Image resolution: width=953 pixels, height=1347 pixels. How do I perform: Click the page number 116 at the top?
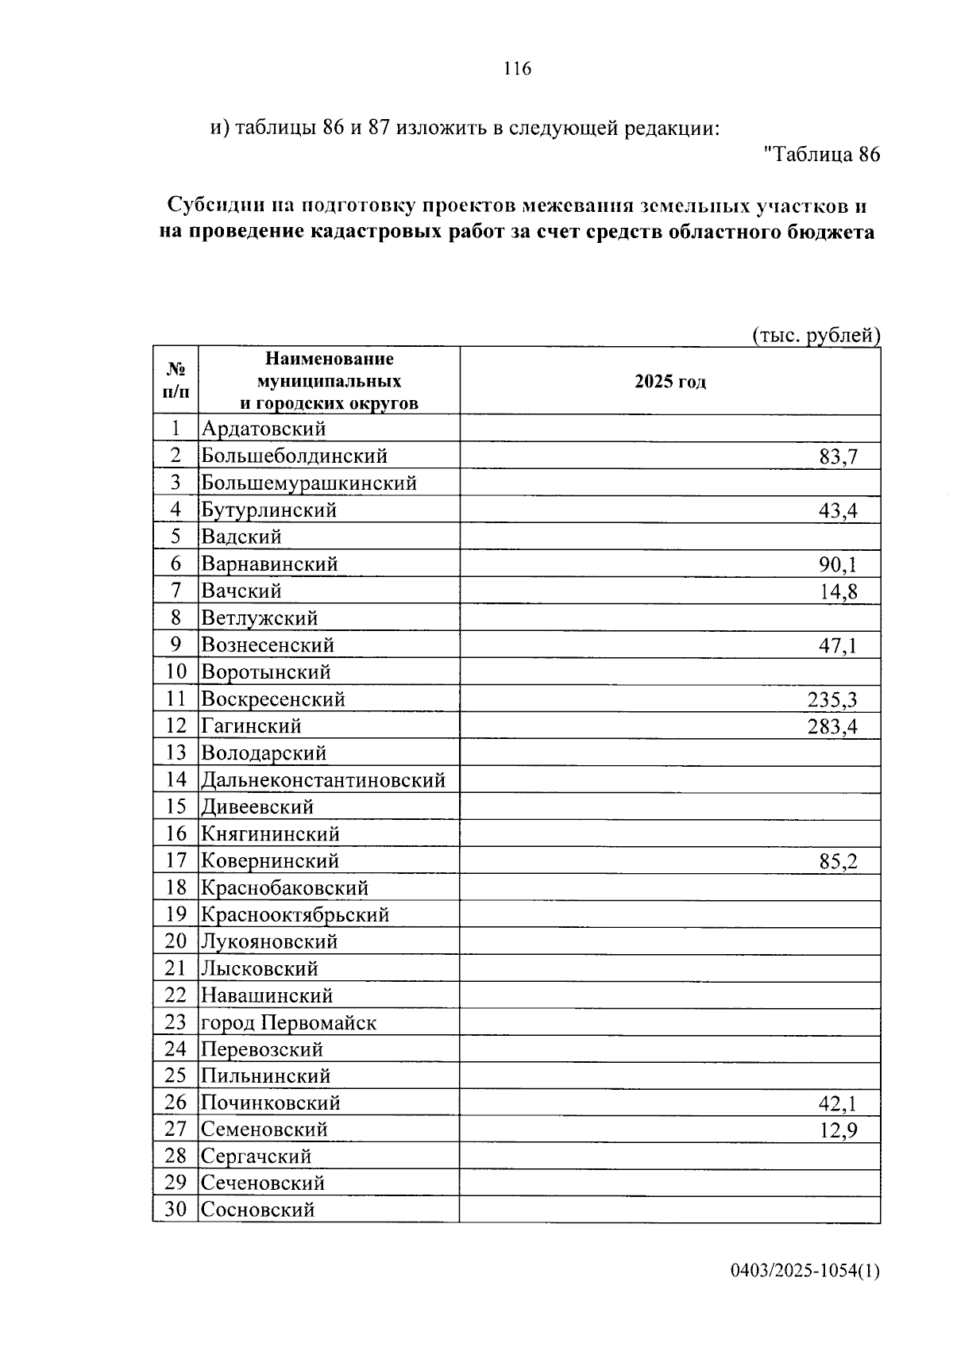click(x=517, y=69)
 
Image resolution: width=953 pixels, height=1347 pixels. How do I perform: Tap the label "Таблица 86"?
click(x=821, y=155)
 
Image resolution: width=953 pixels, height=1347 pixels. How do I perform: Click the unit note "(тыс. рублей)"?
click(x=816, y=336)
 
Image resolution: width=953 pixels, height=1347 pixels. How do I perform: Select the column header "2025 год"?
click(x=669, y=382)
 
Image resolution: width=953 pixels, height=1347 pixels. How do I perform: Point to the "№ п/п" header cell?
click(x=176, y=380)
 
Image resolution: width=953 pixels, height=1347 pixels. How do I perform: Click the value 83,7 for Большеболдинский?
click(x=838, y=456)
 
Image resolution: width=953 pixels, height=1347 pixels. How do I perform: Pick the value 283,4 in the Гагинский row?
click(x=832, y=726)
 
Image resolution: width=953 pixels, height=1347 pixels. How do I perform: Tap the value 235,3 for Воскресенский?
click(x=832, y=699)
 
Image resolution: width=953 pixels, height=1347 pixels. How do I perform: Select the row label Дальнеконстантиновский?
click(x=322, y=780)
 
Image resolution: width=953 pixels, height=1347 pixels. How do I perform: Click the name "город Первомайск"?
click(x=288, y=1023)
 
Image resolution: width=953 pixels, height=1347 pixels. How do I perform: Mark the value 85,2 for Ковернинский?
click(x=838, y=861)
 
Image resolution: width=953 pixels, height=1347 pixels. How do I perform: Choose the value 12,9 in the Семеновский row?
click(x=838, y=1130)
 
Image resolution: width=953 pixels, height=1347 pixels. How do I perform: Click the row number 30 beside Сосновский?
click(x=176, y=1210)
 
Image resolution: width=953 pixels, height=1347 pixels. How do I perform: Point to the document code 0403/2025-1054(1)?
click(x=804, y=1271)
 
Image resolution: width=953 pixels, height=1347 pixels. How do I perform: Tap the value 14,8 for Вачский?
click(x=838, y=591)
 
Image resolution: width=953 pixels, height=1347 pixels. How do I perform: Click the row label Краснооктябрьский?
click(x=295, y=915)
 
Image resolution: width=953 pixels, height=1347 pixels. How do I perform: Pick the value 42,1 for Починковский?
click(x=838, y=1103)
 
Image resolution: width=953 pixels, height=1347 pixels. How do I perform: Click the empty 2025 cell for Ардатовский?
click(x=669, y=429)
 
